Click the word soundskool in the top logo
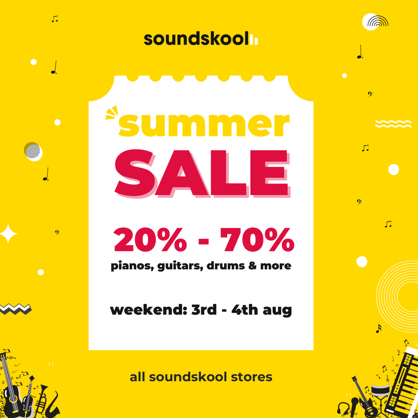[196, 39]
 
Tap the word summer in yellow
[204, 124]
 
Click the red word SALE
[202, 173]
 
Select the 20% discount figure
[150, 240]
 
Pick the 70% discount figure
[257, 240]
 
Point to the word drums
[226, 266]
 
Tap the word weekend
[149, 310]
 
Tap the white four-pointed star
[8, 233]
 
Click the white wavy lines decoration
[393, 124]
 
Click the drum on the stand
[380, 391]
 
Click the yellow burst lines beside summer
[112, 113]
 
